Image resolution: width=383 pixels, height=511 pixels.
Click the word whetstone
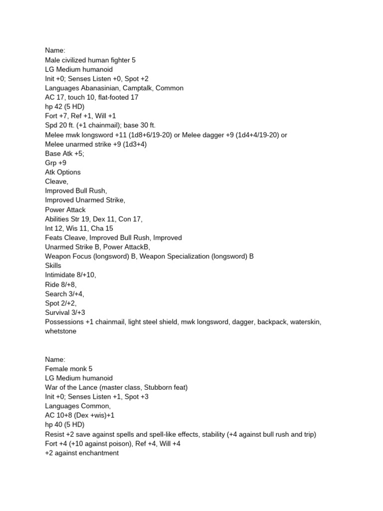(61, 331)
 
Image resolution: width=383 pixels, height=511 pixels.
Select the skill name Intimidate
(61, 275)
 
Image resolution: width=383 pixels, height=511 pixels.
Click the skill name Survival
(58, 313)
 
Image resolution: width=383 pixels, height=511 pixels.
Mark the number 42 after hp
(57, 107)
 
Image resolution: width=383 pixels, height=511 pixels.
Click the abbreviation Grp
(51, 163)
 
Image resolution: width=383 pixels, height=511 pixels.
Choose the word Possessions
(64, 322)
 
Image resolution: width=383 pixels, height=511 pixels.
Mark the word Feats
(54, 238)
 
